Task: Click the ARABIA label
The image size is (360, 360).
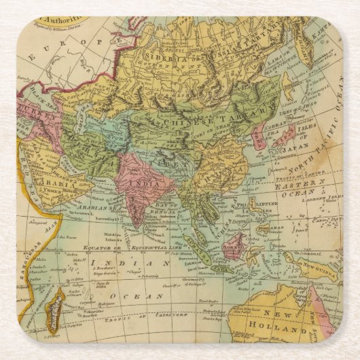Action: pyautogui.click(x=49, y=182)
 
